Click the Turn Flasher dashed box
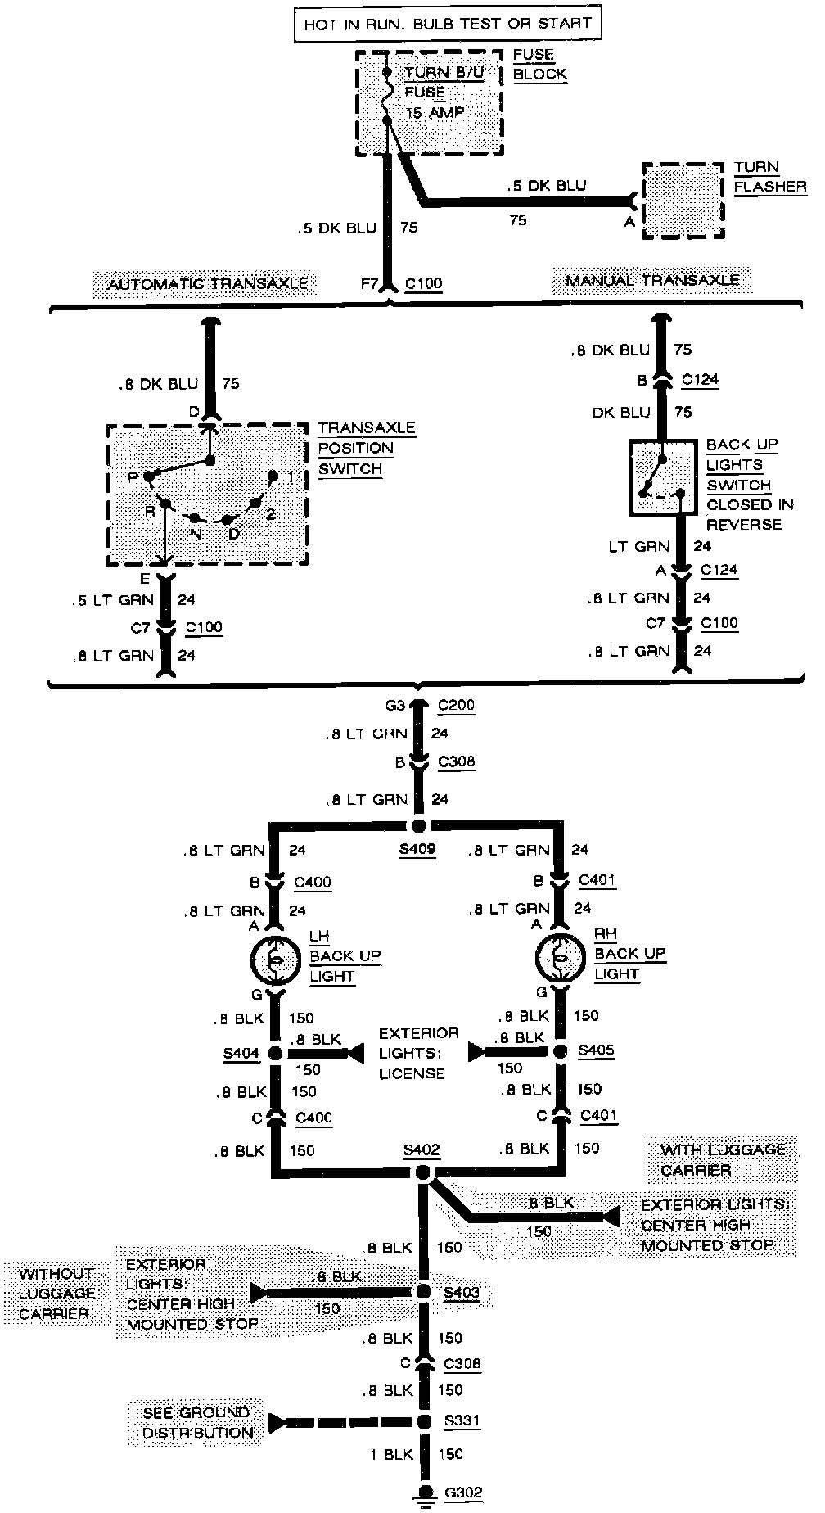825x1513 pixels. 683,200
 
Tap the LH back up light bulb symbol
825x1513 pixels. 277,959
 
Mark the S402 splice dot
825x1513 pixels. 422,1173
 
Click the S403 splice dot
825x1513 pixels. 423,1291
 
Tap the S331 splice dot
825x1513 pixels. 424,1421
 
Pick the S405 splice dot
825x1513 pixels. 561,1050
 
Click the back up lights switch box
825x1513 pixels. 663,477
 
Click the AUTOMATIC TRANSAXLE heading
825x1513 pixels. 208,284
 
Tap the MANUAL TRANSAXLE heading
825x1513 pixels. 652,281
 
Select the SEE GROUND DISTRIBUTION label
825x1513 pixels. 196,1422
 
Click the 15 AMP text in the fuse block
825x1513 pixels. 435,113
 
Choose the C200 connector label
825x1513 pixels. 456,705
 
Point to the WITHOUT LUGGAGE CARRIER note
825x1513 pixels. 56,1294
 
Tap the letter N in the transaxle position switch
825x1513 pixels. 196,533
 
